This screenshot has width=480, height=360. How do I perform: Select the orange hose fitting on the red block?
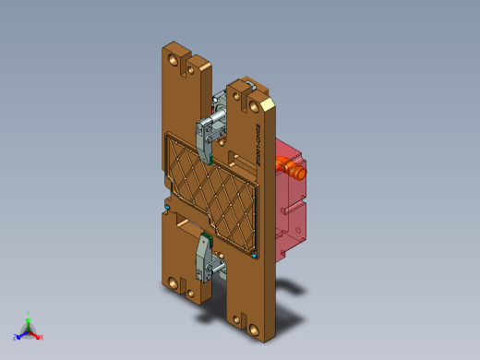293,169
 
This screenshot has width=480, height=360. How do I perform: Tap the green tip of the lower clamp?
209,242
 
